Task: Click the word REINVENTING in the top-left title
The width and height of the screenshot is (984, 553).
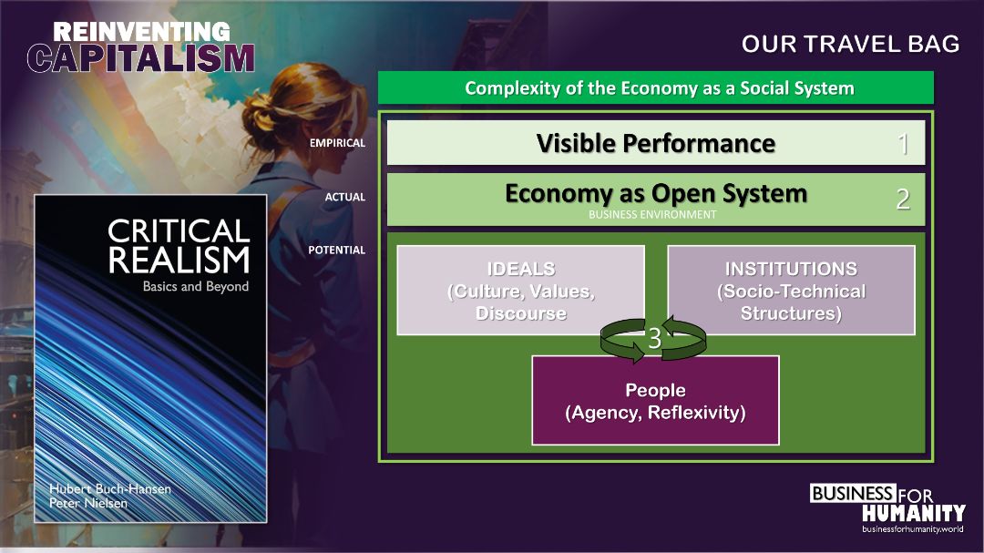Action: [141, 32]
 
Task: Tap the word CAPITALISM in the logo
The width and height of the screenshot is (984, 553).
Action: [141, 58]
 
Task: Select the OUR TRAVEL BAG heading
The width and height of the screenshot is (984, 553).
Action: [850, 44]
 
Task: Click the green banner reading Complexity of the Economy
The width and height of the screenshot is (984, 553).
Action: [656, 87]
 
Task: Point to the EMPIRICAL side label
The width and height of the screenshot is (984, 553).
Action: [337, 143]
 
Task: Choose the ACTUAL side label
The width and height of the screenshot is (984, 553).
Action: [344, 197]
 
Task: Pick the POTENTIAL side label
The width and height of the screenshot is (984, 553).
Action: [336, 250]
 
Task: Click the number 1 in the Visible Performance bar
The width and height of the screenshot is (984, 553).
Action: [903, 144]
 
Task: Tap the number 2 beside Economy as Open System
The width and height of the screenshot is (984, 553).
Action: [903, 199]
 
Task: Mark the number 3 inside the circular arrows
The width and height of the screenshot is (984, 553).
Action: [654, 339]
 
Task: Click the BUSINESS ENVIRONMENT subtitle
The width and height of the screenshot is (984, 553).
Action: [652, 215]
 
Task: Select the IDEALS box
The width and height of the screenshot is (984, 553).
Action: [521, 290]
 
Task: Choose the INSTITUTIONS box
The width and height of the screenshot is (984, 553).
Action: [791, 290]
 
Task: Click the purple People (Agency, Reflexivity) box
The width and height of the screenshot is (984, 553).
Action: [655, 401]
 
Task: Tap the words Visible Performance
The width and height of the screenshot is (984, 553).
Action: [656, 143]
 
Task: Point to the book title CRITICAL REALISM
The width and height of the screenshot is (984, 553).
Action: [179, 246]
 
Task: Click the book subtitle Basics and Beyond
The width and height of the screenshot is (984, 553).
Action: [196, 286]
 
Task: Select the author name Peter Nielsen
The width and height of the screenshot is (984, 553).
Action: [88, 503]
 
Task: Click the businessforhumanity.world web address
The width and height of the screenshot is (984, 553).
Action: [912, 528]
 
